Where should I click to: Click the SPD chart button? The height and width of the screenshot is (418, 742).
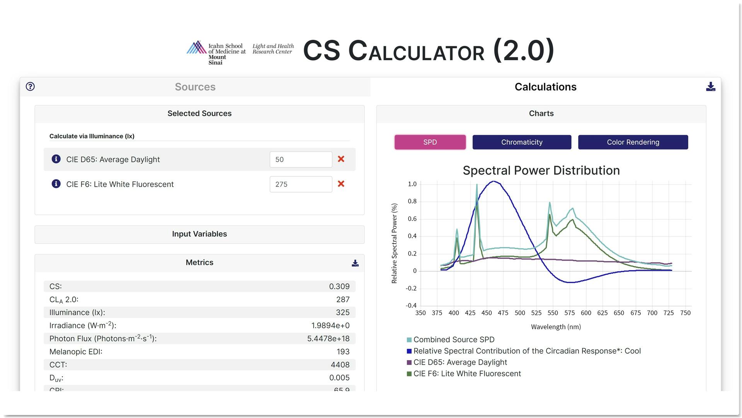pos(430,142)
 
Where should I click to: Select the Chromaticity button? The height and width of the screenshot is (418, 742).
pos(521,142)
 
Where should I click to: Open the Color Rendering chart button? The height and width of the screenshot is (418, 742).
pos(633,142)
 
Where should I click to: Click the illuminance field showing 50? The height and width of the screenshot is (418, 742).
pos(300,159)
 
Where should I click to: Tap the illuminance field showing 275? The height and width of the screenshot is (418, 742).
pos(300,184)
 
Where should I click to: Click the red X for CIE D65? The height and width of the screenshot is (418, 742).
pos(341,159)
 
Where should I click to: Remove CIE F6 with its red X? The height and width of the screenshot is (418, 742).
pos(341,184)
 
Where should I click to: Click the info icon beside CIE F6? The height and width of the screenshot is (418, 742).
pos(56,184)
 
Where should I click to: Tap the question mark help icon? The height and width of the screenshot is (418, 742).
pos(30,86)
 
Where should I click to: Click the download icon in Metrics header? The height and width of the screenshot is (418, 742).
pos(355,263)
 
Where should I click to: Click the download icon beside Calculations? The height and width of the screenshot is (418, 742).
pos(710,87)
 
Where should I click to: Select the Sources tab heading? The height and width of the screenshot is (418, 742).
pos(195,87)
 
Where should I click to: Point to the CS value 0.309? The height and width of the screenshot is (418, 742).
pos(339,286)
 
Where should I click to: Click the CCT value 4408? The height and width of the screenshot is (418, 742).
pos(340,365)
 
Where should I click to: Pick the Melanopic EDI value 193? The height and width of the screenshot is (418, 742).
pos(343,352)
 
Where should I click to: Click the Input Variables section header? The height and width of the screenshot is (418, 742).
pos(199,234)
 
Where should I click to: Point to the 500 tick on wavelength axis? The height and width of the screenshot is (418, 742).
pos(520,313)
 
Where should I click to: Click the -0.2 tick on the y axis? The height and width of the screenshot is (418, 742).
pos(411,288)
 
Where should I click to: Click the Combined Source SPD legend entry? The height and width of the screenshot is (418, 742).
pos(454,340)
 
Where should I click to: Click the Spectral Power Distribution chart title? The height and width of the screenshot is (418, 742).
pos(541,171)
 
